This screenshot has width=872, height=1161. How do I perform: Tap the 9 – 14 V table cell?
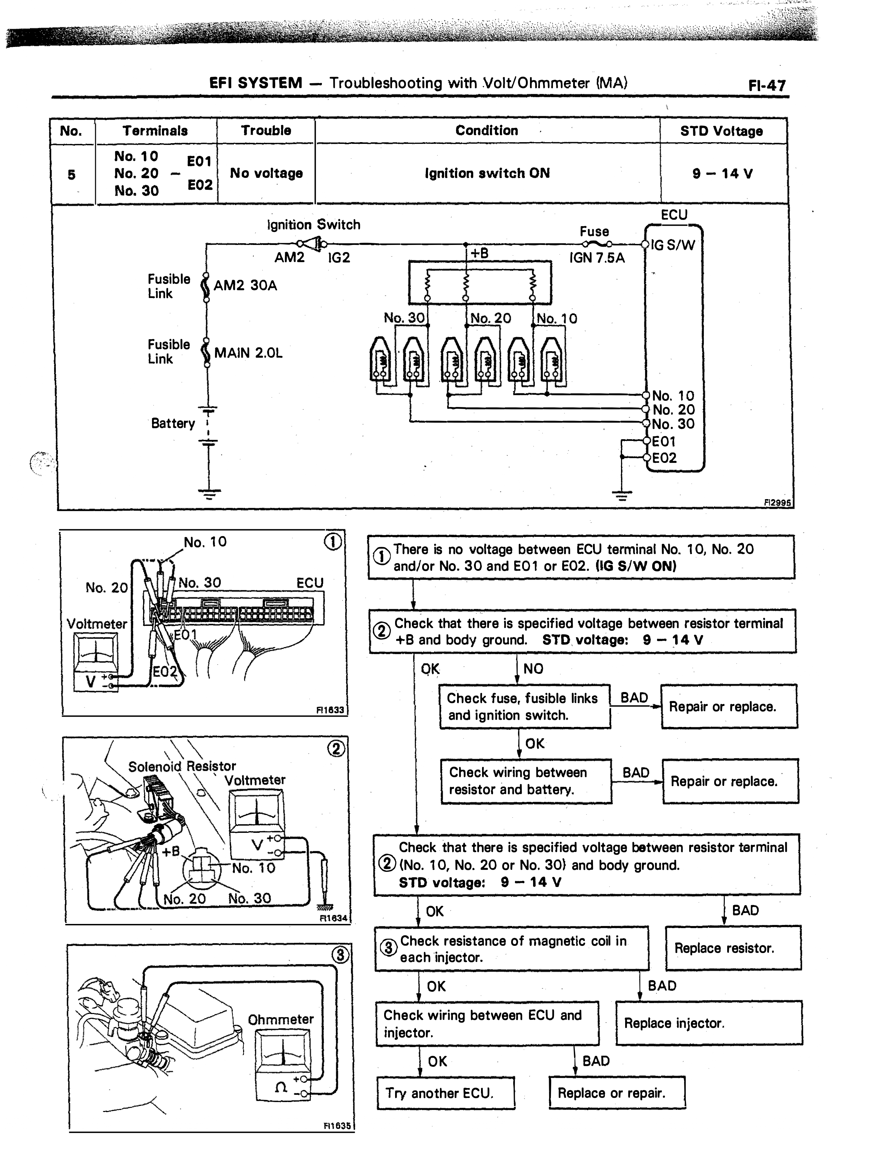coord(722,174)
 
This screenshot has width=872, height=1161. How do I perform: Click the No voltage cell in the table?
coord(266,173)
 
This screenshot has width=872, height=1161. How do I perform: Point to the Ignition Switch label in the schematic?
coord(314,225)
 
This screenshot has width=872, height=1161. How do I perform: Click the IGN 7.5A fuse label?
coord(597,258)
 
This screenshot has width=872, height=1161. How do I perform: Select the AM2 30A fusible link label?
coord(245,285)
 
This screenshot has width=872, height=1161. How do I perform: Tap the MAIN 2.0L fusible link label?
coord(248,353)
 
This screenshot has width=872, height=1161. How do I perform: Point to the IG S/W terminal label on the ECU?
coord(673,245)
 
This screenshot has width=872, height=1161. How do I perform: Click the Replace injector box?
coord(709,1023)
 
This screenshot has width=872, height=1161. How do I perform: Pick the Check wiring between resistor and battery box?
coord(526,781)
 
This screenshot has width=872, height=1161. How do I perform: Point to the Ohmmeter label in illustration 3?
coord(281,1019)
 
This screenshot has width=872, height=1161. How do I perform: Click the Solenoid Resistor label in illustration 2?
coord(182,766)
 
